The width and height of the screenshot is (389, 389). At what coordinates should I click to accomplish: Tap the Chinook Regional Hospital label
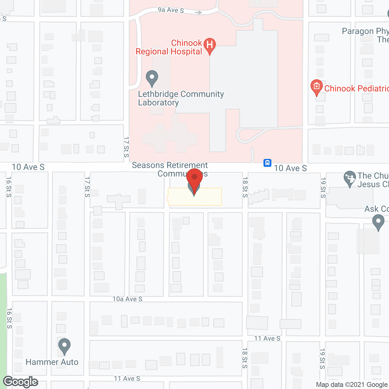(169, 47)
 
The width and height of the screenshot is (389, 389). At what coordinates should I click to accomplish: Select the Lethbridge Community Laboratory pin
(152, 78)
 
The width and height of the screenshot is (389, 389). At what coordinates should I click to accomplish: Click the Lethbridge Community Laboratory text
(181, 98)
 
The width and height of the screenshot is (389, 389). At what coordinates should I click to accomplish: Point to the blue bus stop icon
(267, 163)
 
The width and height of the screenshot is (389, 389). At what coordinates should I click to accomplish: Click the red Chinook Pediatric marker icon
(316, 87)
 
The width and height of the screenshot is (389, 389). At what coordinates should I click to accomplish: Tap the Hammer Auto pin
(64, 346)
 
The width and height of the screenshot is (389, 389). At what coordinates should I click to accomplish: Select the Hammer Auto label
(52, 362)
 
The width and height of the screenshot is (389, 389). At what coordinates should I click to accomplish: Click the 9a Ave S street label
(170, 10)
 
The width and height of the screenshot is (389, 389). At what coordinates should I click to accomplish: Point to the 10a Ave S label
(127, 299)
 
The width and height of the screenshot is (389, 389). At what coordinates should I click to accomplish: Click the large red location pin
(194, 179)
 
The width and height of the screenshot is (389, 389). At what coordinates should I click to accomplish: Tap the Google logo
(21, 382)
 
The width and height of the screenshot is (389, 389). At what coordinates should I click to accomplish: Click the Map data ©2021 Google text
(352, 385)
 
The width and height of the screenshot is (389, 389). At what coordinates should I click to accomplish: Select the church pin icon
(350, 178)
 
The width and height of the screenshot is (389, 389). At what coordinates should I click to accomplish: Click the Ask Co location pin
(378, 222)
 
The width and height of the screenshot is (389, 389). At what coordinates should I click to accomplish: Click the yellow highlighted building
(210, 197)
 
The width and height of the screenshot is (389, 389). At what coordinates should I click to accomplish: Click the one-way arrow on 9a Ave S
(198, 12)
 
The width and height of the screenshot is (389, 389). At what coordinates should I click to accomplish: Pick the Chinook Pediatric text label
(356, 88)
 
